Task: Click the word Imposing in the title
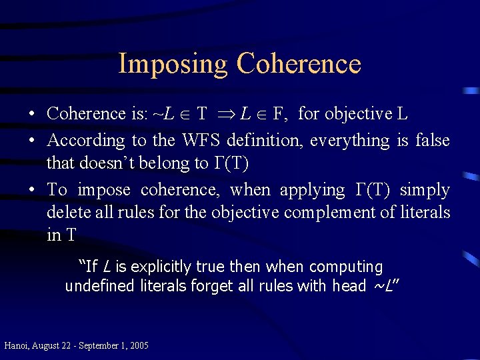[x=173, y=64]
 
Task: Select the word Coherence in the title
[x=299, y=64]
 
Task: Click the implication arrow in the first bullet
[x=225, y=115]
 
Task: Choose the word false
[x=432, y=141]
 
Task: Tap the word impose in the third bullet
[x=105, y=190]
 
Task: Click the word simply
[x=425, y=190]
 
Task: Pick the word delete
[x=66, y=213]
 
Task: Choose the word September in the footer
[x=102, y=345]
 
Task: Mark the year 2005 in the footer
[x=139, y=345]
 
